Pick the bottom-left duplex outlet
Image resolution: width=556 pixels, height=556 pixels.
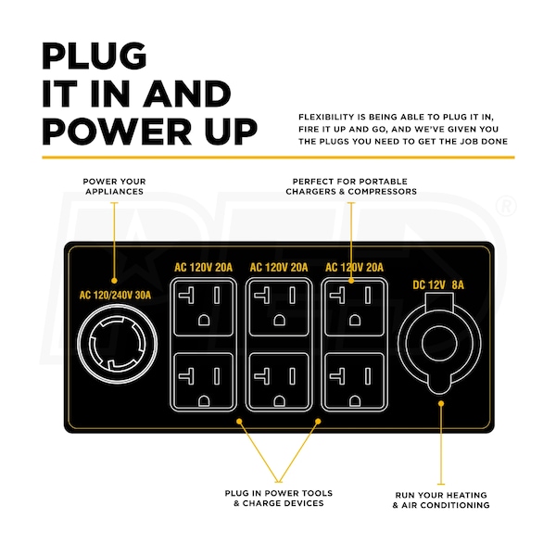(204, 378)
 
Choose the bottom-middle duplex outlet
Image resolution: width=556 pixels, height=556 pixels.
(280, 378)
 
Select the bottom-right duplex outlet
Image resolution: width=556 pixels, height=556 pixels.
(355, 378)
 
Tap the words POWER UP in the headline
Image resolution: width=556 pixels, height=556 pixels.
(149, 131)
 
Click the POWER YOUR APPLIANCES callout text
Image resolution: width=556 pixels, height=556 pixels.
(114, 185)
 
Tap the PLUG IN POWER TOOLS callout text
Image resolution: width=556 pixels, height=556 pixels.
(279, 498)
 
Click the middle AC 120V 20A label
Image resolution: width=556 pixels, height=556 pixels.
(280, 268)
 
